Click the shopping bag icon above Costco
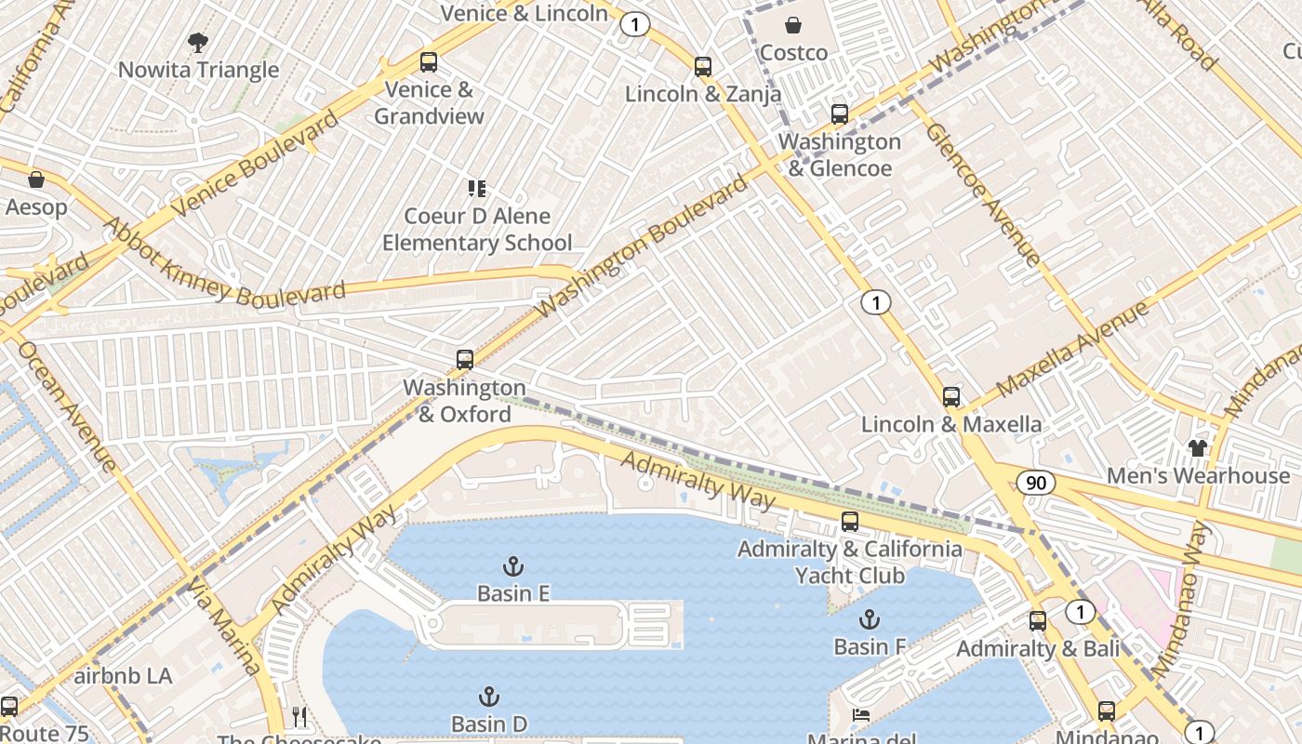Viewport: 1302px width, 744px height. [793, 25]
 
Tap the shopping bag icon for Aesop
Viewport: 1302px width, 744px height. [36, 179]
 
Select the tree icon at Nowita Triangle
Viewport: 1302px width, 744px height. [197, 42]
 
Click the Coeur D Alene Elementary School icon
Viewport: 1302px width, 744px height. [477, 189]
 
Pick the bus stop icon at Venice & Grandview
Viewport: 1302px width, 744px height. [428, 62]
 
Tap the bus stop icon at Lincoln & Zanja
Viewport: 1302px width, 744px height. [703, 67]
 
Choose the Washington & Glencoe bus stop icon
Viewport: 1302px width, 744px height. [839, 114]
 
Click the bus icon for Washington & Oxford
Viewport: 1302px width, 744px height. [464, 360]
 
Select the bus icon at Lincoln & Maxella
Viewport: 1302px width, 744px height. [951, 397]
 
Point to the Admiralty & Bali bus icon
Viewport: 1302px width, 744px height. [1038, 621]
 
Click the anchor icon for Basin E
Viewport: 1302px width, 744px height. [512, 565]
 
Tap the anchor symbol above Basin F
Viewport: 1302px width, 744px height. [869, 618]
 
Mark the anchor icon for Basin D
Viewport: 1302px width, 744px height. [489, 697]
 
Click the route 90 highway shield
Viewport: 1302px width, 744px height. [1035, 483]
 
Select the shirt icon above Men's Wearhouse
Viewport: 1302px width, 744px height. [1197, 448]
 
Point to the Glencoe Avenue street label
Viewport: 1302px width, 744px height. [982, 195]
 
